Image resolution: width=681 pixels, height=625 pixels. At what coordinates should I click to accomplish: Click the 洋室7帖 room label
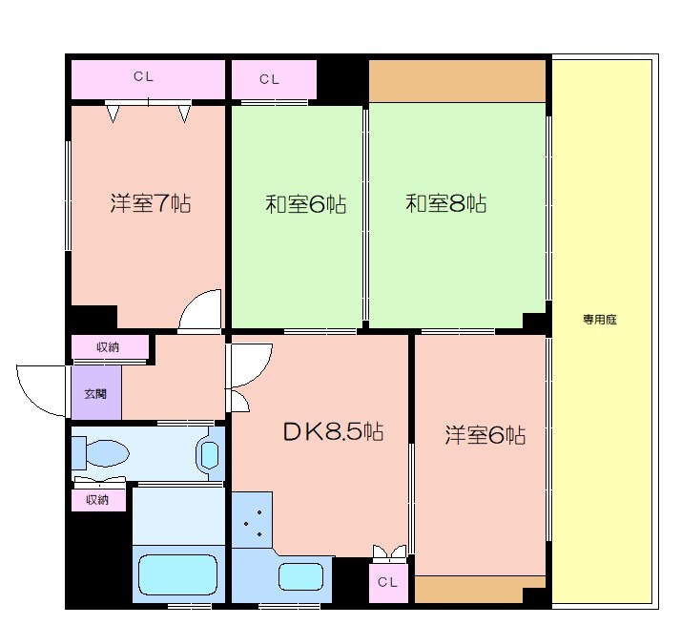point(150,203)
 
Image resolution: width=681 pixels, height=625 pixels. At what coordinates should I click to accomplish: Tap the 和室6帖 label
point(305,203)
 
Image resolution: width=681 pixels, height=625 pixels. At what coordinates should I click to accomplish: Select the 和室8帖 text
point(445,203)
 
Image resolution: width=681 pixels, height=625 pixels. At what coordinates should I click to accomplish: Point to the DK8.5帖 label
point(333,431)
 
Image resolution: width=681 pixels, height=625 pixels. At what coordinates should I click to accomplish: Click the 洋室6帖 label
point(485,435)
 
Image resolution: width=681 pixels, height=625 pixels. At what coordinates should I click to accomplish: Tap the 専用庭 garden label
point(600,320)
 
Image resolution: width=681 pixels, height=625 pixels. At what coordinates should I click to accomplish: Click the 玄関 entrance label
point(95,393)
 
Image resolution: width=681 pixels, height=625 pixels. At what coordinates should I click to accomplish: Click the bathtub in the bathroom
point(177,575)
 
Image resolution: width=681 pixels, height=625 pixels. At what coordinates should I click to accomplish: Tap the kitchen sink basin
point(301,576)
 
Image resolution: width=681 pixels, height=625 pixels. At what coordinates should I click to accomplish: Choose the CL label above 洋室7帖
point(143,76)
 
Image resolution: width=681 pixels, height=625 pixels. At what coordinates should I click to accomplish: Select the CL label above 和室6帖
point(270,79)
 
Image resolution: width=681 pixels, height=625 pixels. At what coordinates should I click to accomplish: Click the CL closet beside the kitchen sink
point(388,581)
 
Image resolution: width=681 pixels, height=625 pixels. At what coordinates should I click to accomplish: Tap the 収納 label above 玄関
point(109,347)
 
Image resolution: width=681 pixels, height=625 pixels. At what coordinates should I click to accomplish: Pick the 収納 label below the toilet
point(97,499)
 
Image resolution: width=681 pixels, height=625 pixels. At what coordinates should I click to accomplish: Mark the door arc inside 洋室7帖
point(200,311)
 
